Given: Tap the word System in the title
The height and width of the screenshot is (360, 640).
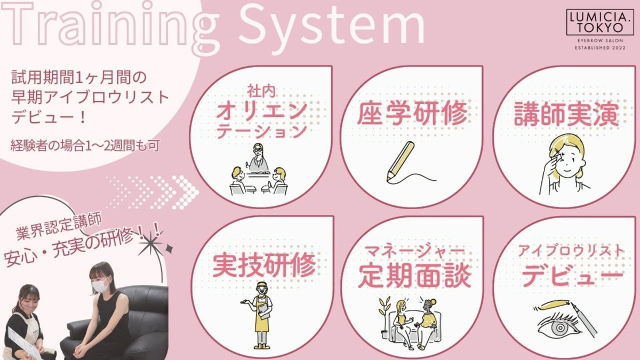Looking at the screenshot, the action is tap(331, 28).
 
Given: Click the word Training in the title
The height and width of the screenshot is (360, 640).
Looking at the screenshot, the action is tap(110, 28).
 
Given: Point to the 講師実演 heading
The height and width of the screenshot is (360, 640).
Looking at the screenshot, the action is tap(566, 114).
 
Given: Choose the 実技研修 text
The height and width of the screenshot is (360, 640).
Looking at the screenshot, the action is tap(264, 265).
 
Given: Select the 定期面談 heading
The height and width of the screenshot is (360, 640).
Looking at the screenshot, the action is tap(414, 276).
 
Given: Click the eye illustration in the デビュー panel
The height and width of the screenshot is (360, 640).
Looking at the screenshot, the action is tap(560, 326).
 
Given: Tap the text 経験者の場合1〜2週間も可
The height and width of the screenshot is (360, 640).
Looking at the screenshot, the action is tap(85, 146).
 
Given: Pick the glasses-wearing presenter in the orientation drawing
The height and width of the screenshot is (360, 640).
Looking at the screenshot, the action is tap(259, 158).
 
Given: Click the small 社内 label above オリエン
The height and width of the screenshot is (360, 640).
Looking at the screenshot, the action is tap(261, 91).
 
